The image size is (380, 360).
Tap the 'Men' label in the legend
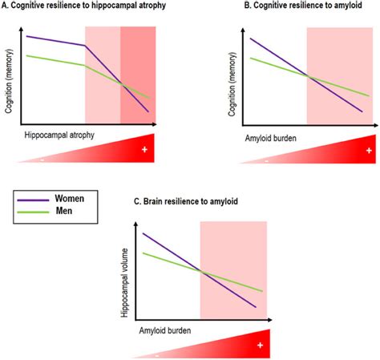click(72, 212)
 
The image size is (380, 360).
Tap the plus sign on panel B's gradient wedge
click(368, 150)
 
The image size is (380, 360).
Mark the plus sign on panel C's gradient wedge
click(260, 345)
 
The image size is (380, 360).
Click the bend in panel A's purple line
click(85, 46)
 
